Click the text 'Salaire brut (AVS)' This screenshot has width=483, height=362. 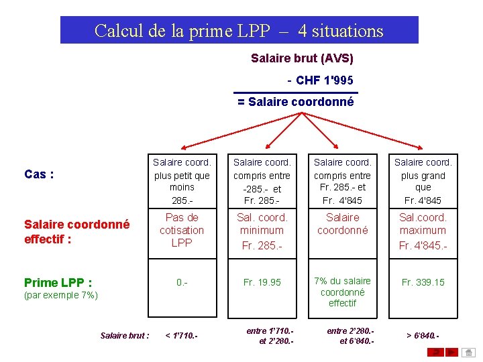(302, 58)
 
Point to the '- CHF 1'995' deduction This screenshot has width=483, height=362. (321, 80)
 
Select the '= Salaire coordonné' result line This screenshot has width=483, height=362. (295, 102)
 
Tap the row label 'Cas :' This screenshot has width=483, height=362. (39, 174)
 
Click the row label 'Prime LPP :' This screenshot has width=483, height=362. (58, 282)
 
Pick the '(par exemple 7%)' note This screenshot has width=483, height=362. (61, 295)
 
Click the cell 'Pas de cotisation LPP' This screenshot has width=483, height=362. (182, 230)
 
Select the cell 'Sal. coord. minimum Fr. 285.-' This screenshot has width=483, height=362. (262, 231)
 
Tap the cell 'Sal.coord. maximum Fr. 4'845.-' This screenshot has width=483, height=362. (423, 231)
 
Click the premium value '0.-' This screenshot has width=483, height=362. (182, 282)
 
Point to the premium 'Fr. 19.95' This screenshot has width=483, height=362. (262, 282)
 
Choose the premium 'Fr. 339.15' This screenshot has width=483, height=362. (423, 282)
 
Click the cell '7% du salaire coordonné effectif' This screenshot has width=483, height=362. (342, 292)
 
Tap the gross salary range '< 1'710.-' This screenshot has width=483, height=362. (182, 335)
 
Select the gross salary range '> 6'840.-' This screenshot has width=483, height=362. (423, 335)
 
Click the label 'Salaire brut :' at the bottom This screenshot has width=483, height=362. (125, 335)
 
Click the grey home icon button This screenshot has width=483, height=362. (470, 351)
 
